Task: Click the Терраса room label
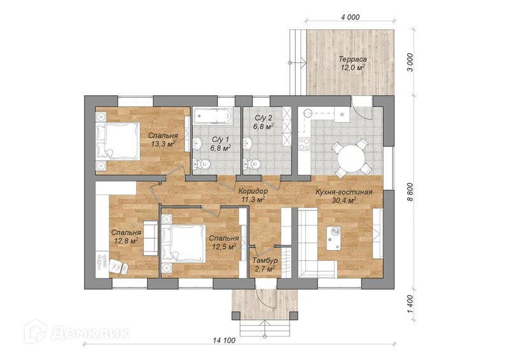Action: tap(353, 59)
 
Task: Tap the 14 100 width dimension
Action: tap(224, 340)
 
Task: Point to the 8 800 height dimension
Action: tap(410, 192)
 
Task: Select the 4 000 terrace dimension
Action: tap(351, 17)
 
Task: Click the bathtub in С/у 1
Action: tap(213, 116)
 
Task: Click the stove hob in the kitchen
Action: tap(304, 144)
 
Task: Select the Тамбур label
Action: tap(265, 261)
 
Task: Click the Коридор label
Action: tap(253, 191)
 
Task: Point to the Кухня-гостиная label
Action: tap(344, 192)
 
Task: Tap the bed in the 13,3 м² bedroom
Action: tap(118, 141)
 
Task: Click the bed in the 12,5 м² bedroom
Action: tap(184, 243)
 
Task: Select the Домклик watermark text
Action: tap(90, 333)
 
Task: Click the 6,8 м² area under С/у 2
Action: tap(263, 126)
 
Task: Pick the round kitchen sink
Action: tap(308, 113)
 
